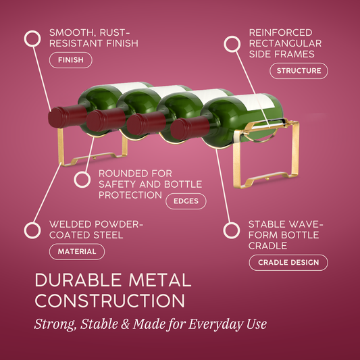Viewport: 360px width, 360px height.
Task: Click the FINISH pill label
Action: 71,60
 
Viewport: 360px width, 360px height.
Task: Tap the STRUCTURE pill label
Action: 299,71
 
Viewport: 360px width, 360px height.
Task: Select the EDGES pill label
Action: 186,201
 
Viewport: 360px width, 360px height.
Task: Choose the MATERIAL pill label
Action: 77,251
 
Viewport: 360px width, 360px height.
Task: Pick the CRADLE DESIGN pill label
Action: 288,263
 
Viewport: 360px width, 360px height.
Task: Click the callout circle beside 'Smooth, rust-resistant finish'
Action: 32,38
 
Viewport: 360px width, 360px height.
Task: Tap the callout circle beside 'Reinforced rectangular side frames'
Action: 232,44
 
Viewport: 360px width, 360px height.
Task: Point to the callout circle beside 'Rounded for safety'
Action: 82,180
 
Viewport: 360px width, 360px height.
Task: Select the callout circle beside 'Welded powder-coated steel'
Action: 32,230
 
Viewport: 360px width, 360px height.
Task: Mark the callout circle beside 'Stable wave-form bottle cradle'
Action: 232,230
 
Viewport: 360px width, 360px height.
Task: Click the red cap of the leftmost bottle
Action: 68,116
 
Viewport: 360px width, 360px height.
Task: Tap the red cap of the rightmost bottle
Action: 190,128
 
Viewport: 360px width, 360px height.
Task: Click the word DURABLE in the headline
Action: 78,280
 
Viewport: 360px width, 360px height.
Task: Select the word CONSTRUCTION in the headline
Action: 109,301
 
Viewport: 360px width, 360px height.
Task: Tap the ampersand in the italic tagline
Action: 125,324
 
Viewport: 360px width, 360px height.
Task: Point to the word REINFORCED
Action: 280,32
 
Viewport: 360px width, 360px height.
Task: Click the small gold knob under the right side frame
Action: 267,178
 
